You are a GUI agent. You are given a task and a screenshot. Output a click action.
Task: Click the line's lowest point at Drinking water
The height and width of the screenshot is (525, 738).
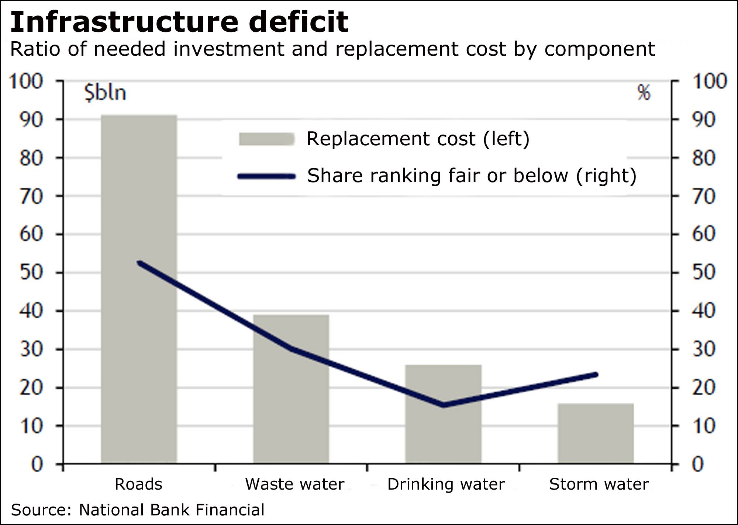click(444, 405)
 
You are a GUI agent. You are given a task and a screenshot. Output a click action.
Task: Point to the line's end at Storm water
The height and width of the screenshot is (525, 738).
click(596, 375)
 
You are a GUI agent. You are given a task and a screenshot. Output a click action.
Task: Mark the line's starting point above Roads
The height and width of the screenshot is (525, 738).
click(139, 263)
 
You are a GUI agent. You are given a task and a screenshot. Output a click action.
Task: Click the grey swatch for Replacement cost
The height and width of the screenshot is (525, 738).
click(266, 139)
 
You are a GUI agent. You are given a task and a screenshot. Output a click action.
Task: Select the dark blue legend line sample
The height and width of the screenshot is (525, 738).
click(266, 177)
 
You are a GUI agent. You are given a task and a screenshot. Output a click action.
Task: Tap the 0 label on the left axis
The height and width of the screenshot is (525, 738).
click(37, 464)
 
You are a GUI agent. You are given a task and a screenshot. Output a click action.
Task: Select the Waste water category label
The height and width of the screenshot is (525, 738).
click(294, 484)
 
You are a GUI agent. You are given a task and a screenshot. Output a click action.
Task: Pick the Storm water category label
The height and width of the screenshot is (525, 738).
click(599, 484)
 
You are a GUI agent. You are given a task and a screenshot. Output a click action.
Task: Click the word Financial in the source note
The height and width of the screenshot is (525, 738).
click(230, 510)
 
